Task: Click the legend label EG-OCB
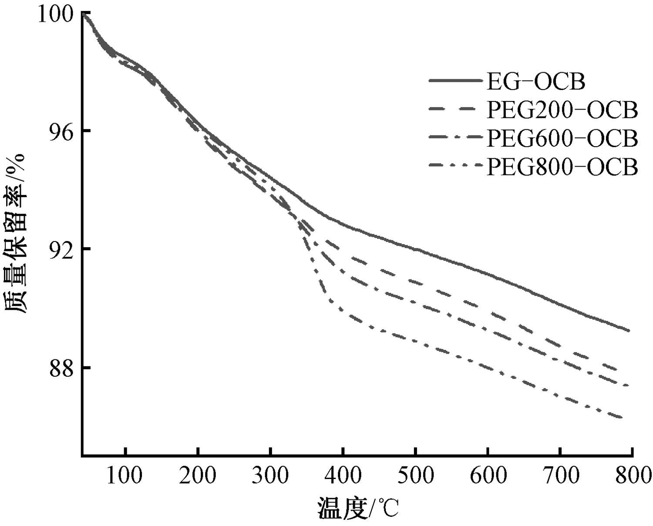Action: tap(535, 81)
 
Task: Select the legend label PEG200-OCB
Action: tap(562, 110)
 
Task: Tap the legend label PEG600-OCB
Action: tap(562, 138)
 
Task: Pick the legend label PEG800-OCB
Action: tap(562, 167)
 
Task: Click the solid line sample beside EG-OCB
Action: tap(455, 81)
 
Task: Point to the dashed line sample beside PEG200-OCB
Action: tap(455, 110)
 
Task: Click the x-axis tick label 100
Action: tap(125, 476)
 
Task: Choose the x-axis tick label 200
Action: tap(198, 476)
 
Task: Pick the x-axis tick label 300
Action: tap(271, 476)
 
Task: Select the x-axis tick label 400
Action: tap(343, 476)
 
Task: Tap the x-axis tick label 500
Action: tap(416, 476)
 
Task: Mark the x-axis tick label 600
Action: tap(488, 476)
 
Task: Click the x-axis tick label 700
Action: tap(561, 476)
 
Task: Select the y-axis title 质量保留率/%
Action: tap(17, 233)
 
